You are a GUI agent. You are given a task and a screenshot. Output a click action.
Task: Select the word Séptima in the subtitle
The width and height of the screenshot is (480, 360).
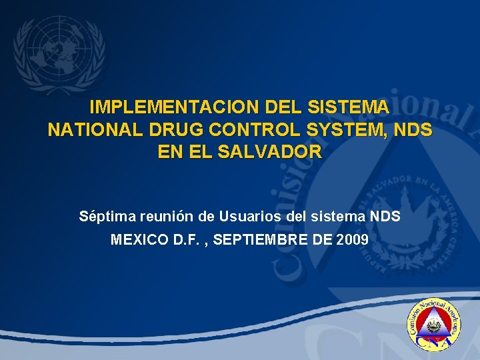coord(104,217)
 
